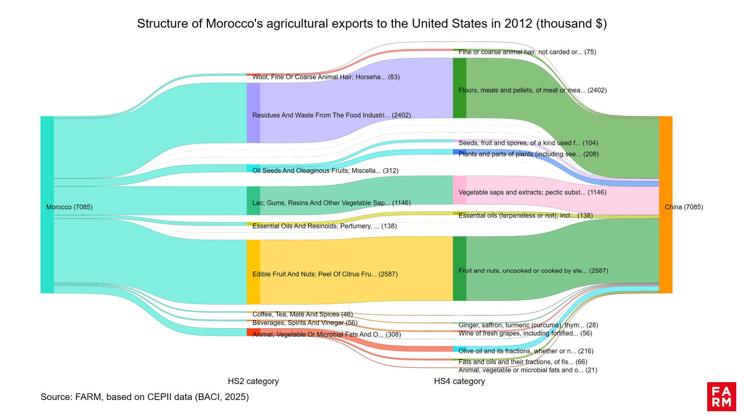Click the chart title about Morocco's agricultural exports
[372, 24]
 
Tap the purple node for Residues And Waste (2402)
[253, 113]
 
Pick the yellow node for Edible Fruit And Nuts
[253, 272]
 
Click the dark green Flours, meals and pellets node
[459, 88]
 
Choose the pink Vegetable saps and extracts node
[459, 190]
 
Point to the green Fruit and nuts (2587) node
[459, 268]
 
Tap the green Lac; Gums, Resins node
[253, 201]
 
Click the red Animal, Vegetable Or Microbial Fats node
[253, 332]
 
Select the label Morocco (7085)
[69, 207]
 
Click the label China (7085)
[684, 207]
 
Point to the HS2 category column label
[253, 381]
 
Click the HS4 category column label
[459, 381]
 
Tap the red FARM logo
[721, 396]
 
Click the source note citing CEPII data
[145, 397]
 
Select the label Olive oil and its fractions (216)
[526, 351]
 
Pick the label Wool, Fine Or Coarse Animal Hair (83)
[326, 77]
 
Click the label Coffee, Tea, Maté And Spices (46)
[302, 314]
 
